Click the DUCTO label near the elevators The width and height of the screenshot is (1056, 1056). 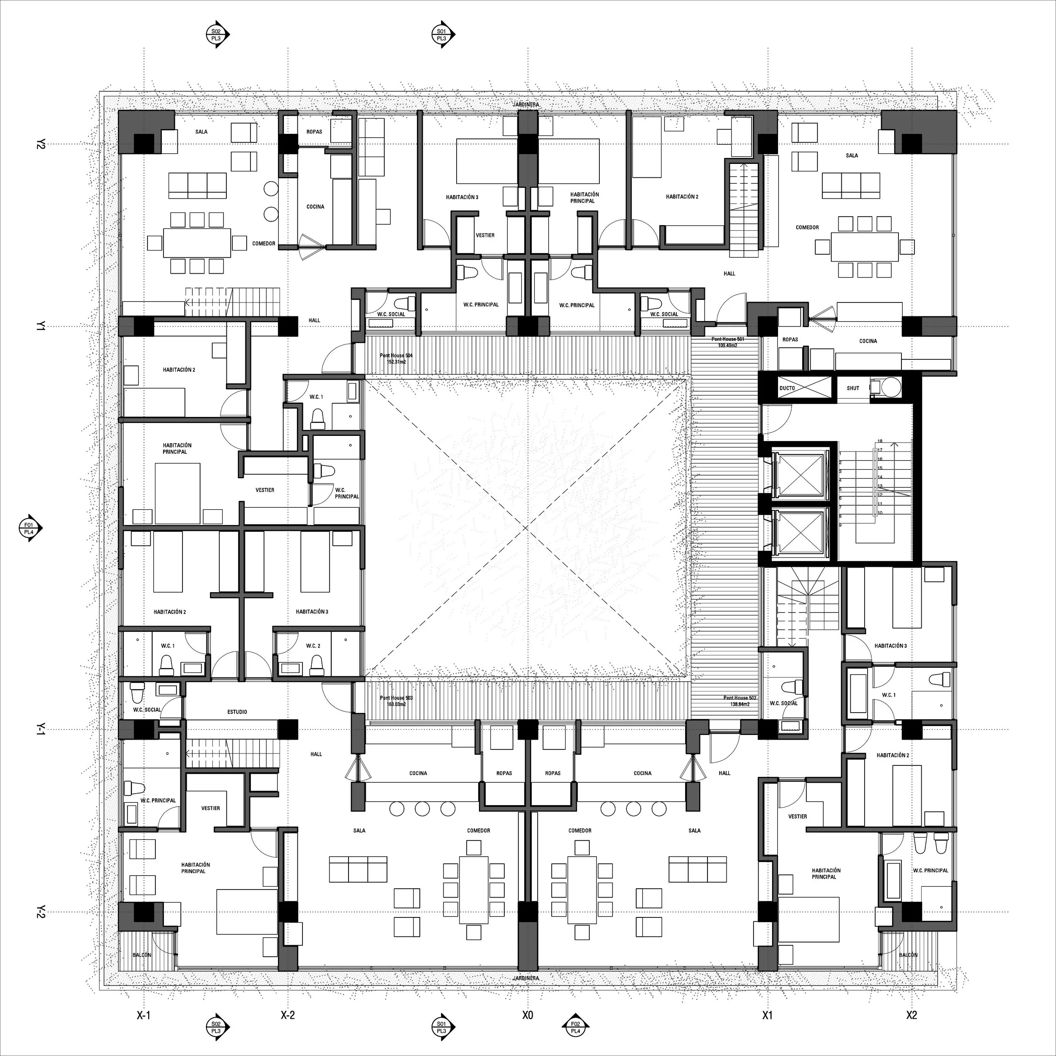pos(787,388)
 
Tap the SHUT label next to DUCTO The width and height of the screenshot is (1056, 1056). pos(853,388)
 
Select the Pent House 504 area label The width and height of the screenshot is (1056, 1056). pos(396,359)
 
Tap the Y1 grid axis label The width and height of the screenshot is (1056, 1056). pos(40,327)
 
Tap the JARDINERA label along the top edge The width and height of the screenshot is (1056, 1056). pos(526,104)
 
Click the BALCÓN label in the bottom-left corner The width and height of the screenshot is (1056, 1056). pos(142,955)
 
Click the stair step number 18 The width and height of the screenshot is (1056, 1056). pos(880,441)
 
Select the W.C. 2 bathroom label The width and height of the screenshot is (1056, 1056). pos(313,645)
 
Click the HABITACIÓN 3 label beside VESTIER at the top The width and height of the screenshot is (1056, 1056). pos(462,197)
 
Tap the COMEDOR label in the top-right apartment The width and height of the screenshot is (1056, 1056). pos(807,227)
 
